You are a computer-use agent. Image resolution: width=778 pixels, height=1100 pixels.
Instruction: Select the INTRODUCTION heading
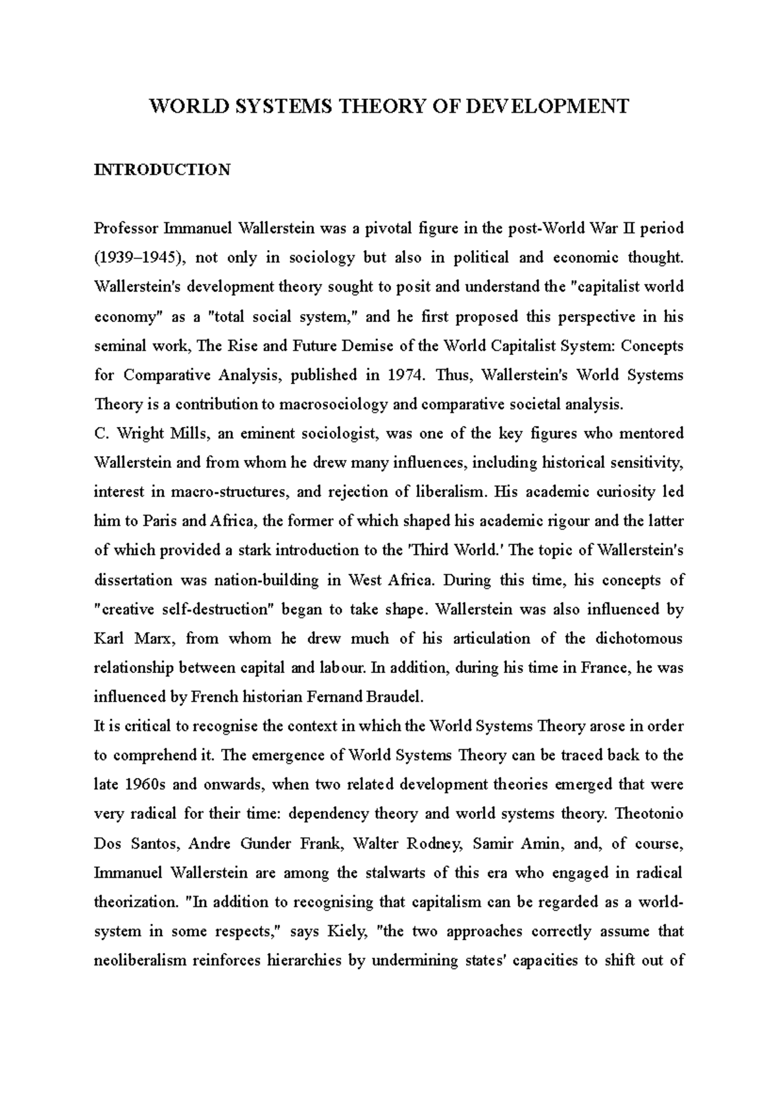(162, 170)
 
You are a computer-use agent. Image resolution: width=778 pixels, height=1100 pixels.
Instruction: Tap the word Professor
(126, 229)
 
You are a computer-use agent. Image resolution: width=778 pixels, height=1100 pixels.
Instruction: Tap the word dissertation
(134, 580)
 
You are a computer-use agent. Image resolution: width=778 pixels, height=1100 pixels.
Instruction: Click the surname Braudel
(395, 697)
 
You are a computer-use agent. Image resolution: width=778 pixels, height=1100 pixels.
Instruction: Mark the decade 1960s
(143, 785)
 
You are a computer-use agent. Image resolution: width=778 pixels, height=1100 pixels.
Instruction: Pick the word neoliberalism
(140, 960)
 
